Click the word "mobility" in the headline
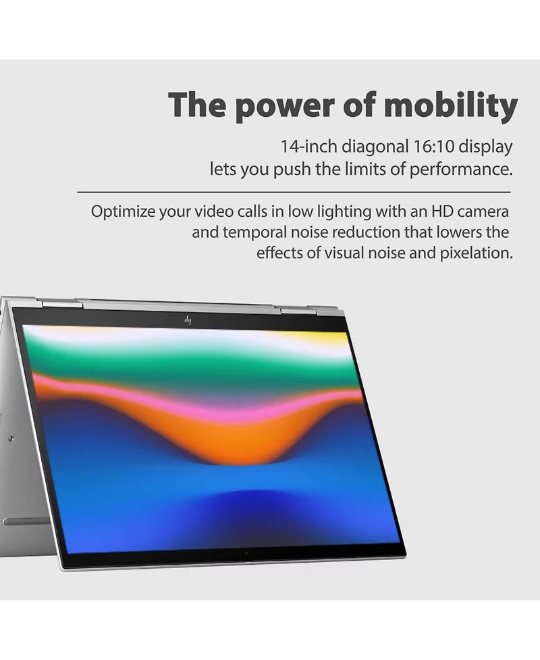450,105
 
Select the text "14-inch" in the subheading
308,147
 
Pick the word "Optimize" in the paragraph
123,211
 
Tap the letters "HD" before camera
442,211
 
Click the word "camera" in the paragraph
483,211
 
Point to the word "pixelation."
476,253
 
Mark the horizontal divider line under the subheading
294,192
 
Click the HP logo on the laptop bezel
188,320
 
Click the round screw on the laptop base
11,438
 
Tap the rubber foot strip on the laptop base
27,522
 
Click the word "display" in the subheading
485,147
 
